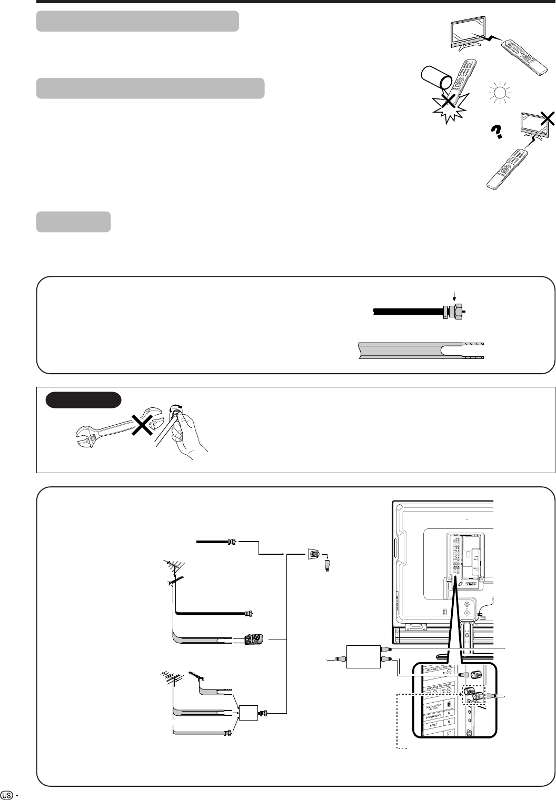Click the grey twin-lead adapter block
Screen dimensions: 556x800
point(254,639)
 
